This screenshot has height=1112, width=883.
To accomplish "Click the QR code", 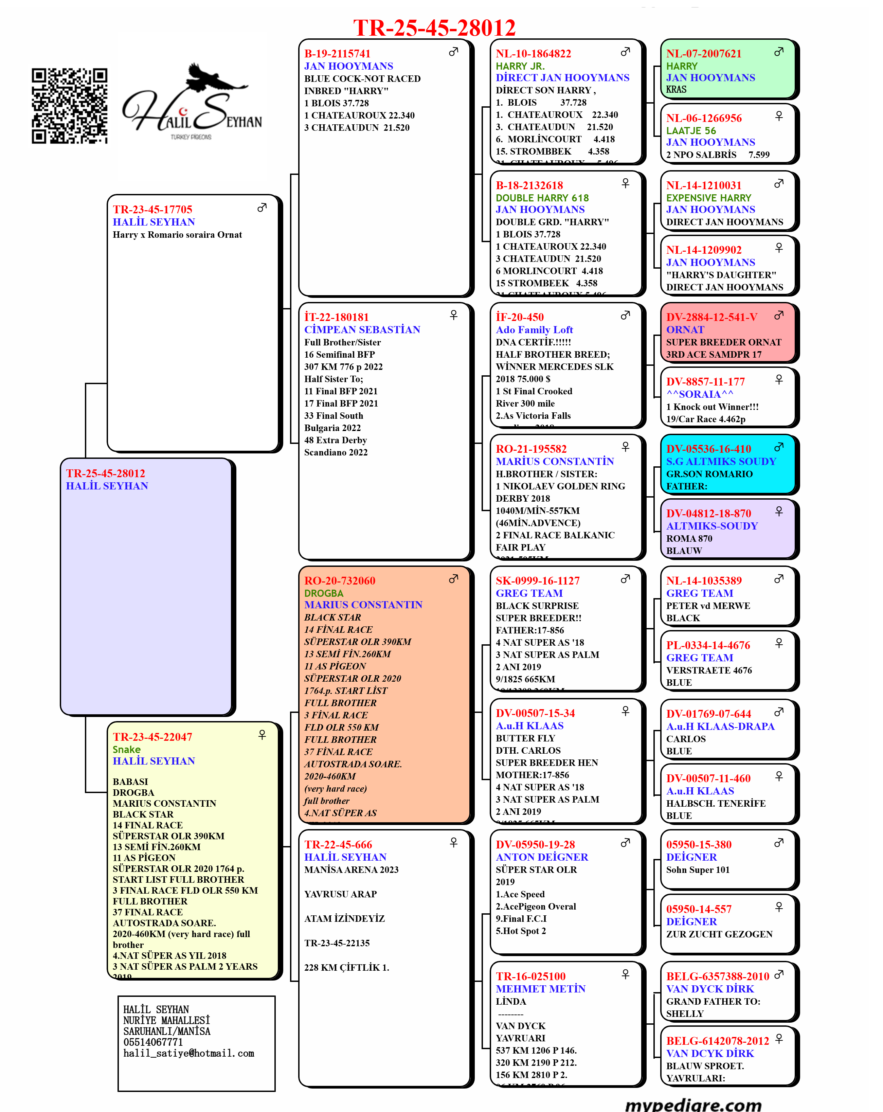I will [69, 106].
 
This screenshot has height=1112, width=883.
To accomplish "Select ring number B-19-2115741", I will [337, 54].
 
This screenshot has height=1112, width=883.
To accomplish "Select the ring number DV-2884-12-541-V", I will [712, 317].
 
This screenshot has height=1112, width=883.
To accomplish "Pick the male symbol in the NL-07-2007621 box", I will [779, 52].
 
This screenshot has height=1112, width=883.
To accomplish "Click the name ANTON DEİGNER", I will [542, 857].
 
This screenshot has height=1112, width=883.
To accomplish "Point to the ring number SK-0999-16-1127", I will [537, 581].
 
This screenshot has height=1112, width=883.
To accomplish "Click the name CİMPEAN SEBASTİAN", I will [362, 329].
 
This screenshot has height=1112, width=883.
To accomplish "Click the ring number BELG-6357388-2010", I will [717, 976].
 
